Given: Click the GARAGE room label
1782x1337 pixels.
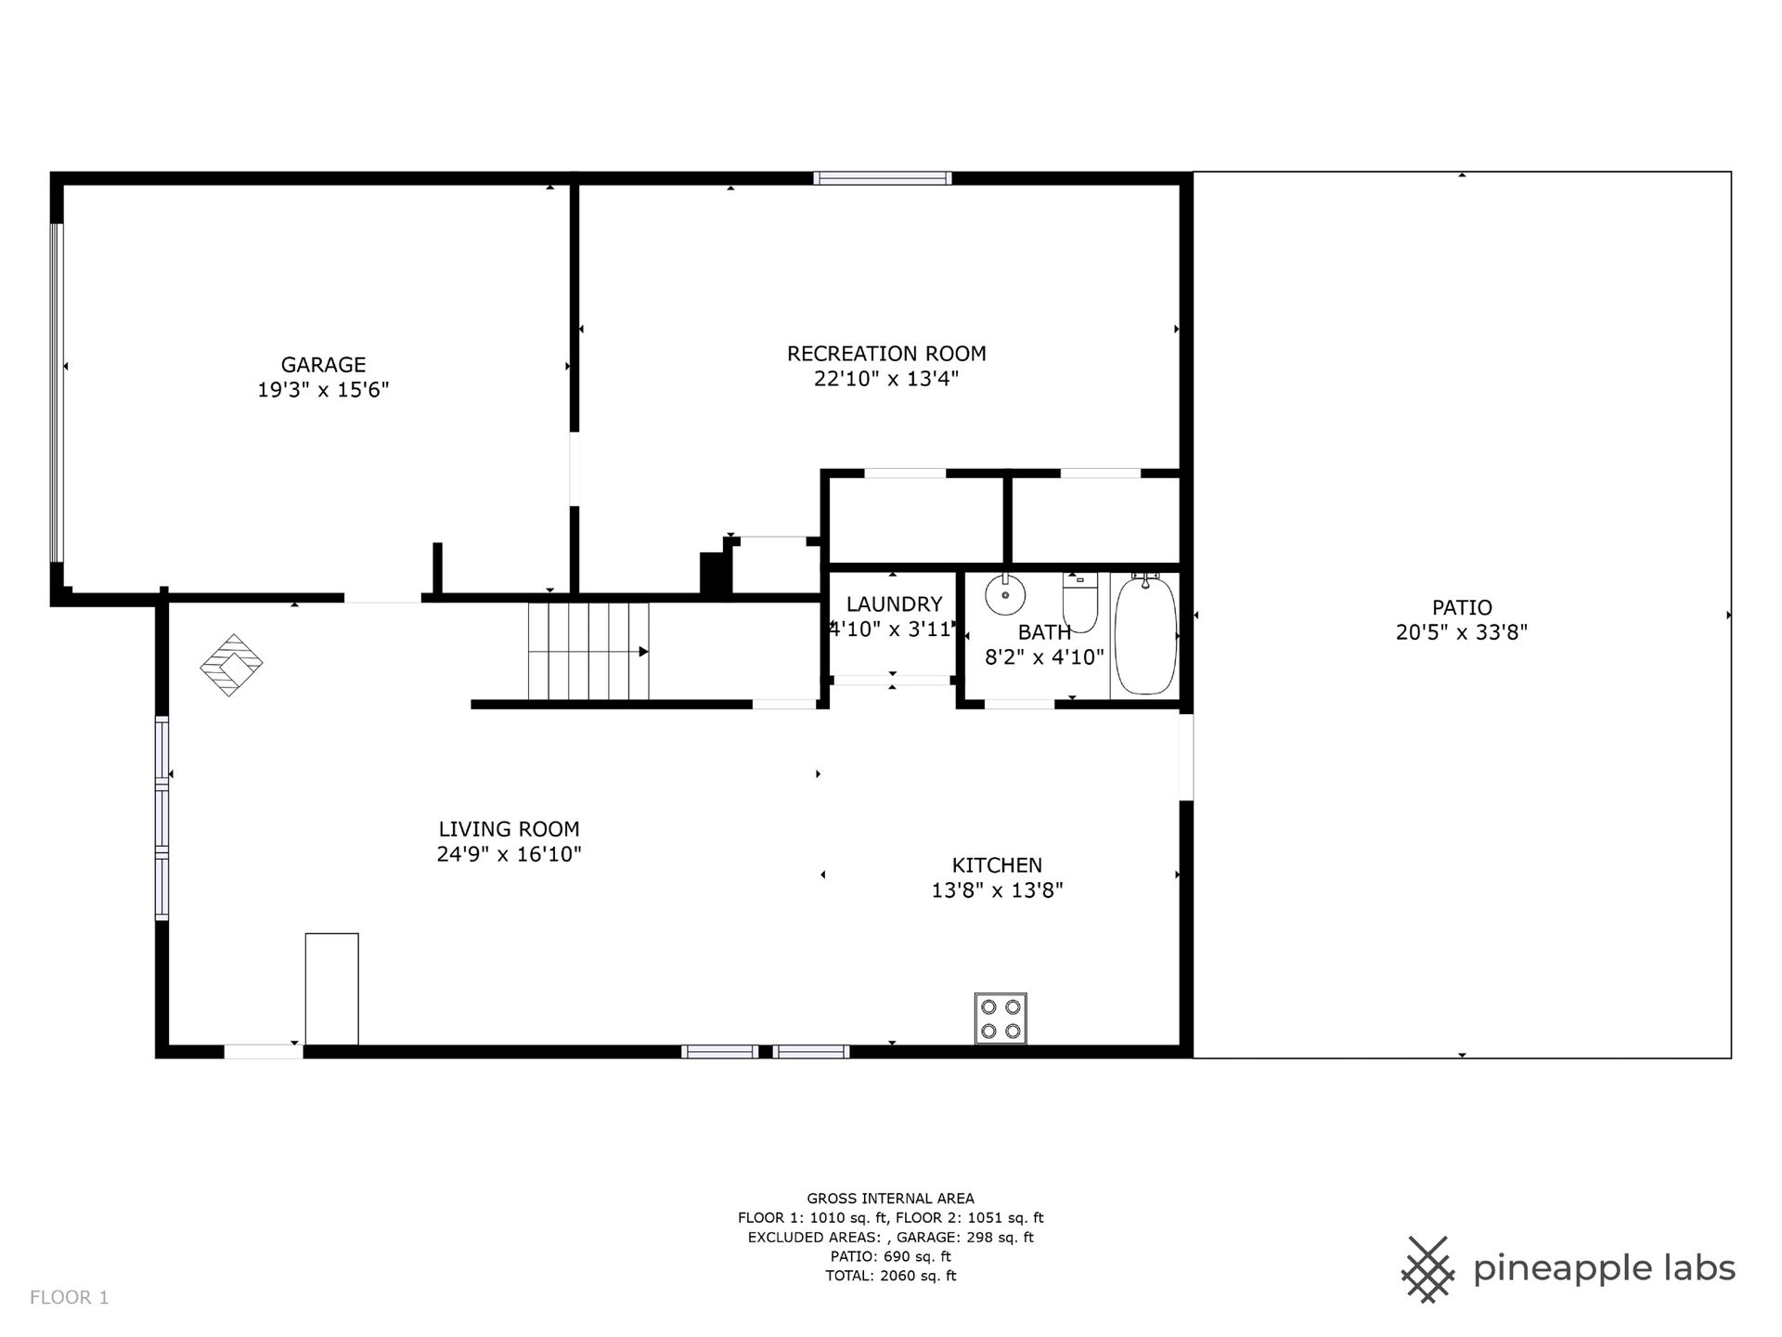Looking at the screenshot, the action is click(323, 365).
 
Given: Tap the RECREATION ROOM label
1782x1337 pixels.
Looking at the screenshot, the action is click(886, 354).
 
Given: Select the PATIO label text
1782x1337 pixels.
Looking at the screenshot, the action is click(1462, 608).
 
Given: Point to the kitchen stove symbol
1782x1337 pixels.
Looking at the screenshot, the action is click(1001, 1019).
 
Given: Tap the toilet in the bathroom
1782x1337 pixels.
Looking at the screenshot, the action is click(1079, 602).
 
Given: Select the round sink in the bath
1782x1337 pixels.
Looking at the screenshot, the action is click(1003, 594).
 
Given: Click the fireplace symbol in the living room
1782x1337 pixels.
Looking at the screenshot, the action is click(232, 665).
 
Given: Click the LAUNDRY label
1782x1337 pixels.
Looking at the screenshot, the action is click(894, 604).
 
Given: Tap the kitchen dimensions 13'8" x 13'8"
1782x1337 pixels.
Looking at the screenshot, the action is click(997, 890).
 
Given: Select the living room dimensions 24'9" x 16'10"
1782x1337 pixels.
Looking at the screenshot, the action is click(509, 854).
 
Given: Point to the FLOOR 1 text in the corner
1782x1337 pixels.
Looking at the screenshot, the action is click(70, 1297).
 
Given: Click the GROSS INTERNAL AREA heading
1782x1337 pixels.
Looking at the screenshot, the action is click(890, 1199).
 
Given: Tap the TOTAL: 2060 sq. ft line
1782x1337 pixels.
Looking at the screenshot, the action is click(890, 1276).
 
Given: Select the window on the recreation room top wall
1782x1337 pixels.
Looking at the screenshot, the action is click(883, 178).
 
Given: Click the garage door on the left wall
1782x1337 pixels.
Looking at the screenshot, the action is click(57, 393).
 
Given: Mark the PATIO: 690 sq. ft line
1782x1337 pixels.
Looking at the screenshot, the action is click(890, 1256).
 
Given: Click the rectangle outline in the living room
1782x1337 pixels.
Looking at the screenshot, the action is click(332, 990).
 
